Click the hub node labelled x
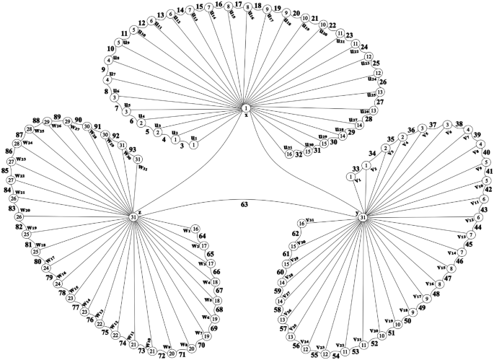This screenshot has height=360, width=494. [x=246, y=108]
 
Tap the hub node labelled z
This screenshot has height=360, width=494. [x=133, y=217]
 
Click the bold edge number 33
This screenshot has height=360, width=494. [x=356, y=169]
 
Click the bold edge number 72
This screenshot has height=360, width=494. [x=162, y=356]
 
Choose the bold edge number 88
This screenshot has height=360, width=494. [x=36, y=120]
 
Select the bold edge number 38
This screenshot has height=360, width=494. [x=459, y=124]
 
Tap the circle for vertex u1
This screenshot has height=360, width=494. [x=193, y=144]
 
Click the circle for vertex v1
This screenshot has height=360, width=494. [x=350, y=177]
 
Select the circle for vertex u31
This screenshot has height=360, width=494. [x=288, y=154]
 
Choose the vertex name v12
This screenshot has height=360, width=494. [x=469, y=219]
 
